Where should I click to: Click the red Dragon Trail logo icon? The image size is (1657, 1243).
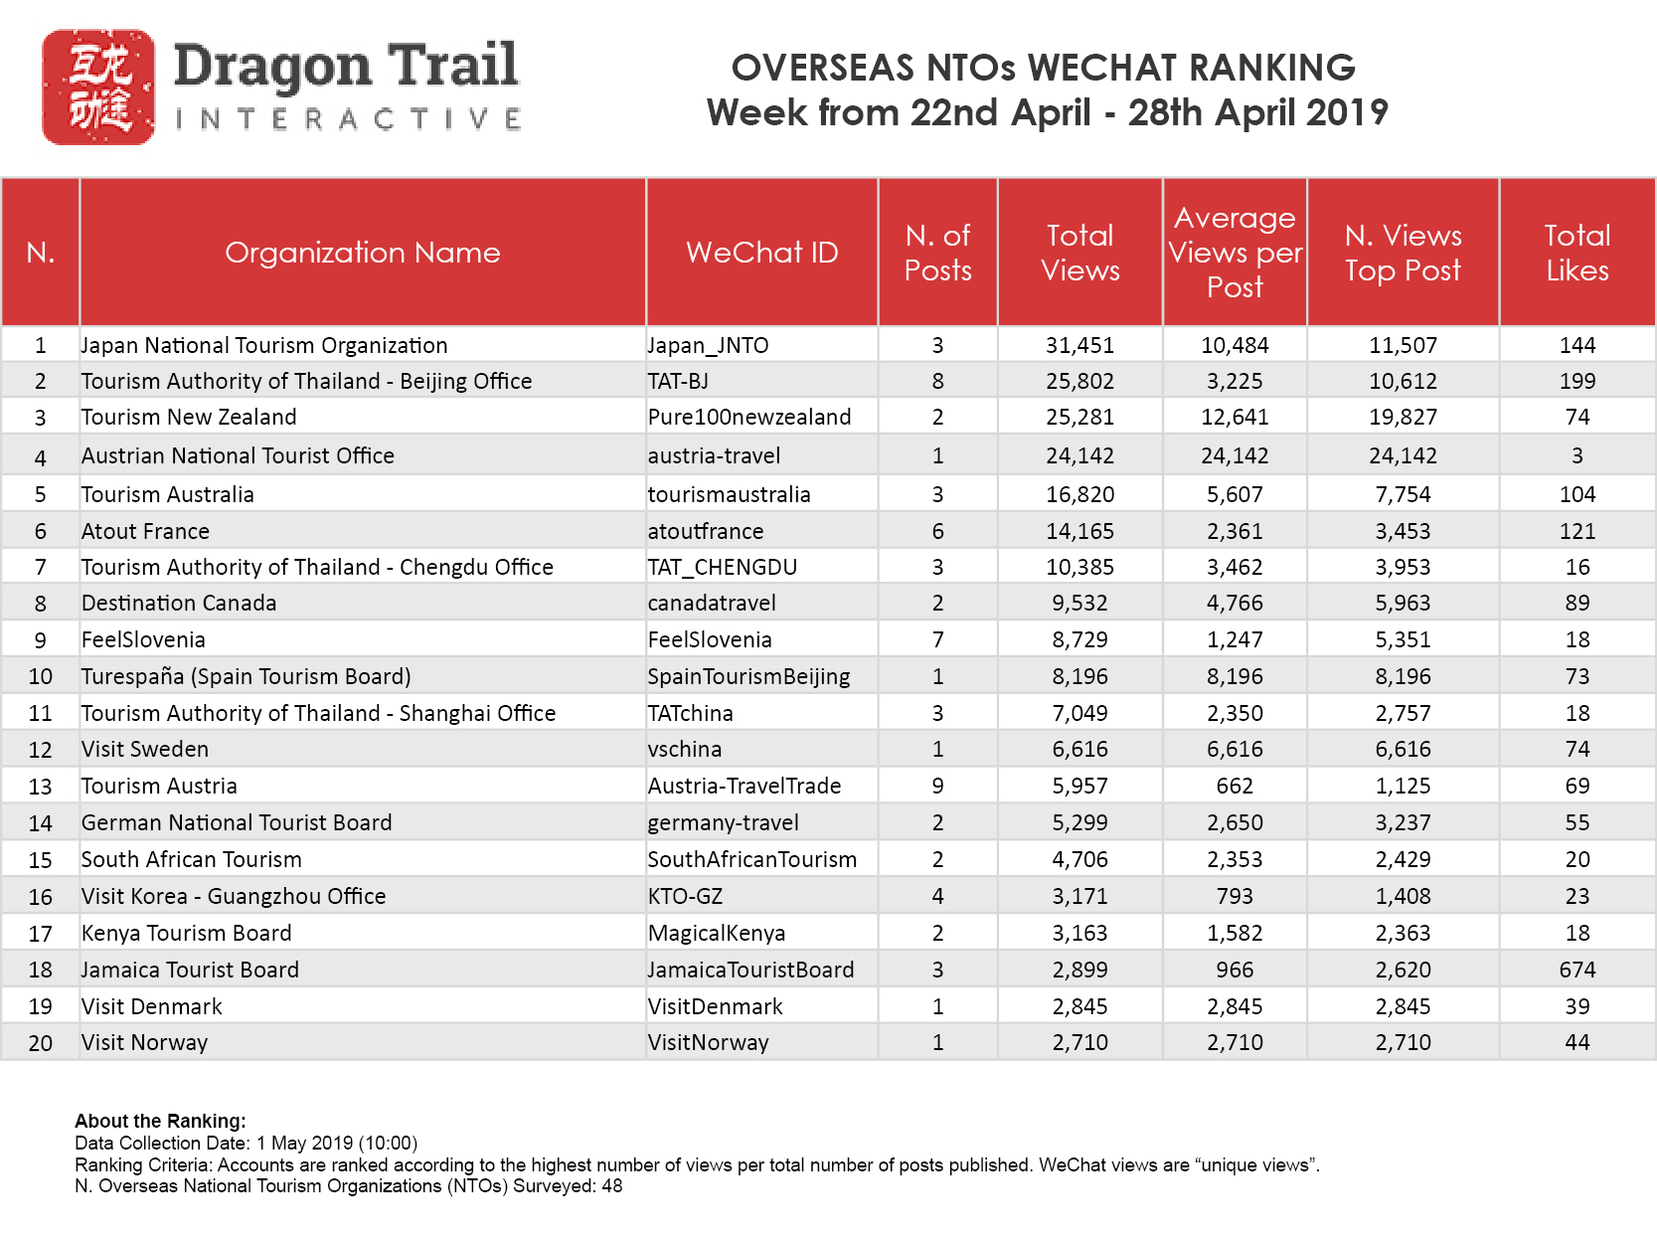click(x=97, y=88)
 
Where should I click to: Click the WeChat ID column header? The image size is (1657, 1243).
click(x=761, y=253)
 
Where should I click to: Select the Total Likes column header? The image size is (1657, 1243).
click(x=1576, y=253)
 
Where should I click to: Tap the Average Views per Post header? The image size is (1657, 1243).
click(x=1235, y=253)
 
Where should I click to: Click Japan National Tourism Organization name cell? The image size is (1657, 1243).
click(x=264, y=345)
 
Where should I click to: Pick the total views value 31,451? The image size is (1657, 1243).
click(x=1079, y=345)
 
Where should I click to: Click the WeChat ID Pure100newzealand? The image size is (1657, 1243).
click(x=749, y=417)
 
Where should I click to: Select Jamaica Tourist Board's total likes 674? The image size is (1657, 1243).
click(x=1576, y=970)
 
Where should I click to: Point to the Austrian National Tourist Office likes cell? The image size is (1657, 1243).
click(x=1576, y=455)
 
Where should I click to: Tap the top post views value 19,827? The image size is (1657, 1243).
click(x=1403, y=417)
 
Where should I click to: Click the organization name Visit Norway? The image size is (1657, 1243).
click(x=145, y=1042)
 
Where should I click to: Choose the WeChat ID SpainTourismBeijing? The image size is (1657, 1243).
click(x=748, y=676)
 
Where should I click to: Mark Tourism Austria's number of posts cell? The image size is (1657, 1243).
click(x=937, y=786)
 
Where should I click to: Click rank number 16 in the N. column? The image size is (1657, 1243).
click(x=41, y=896)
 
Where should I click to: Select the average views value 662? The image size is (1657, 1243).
click(x=1235, y=786)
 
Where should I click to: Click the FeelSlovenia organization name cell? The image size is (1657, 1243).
click(x=144, y=639)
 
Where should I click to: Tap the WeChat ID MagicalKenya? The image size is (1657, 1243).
click(x=717, y=933)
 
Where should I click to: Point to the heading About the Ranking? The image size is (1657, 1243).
click(x=160, y=1121)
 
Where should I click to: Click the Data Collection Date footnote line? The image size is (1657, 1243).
click(x=247, y=1143)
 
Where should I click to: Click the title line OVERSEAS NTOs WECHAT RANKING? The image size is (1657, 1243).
click(x=1044, y=68)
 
